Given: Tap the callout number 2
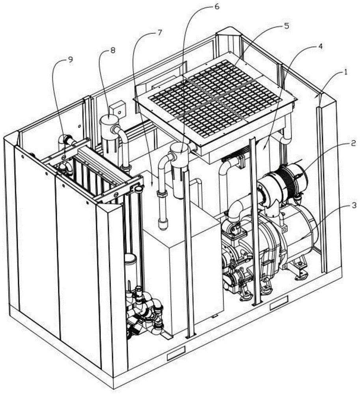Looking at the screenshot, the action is (x=353, y=143).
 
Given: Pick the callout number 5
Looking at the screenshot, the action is (x=286, y=26).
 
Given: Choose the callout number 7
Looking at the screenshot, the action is (x=160, y=33).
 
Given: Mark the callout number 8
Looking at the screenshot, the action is (x=112, y=50).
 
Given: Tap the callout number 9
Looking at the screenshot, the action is (x=70, y=59).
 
